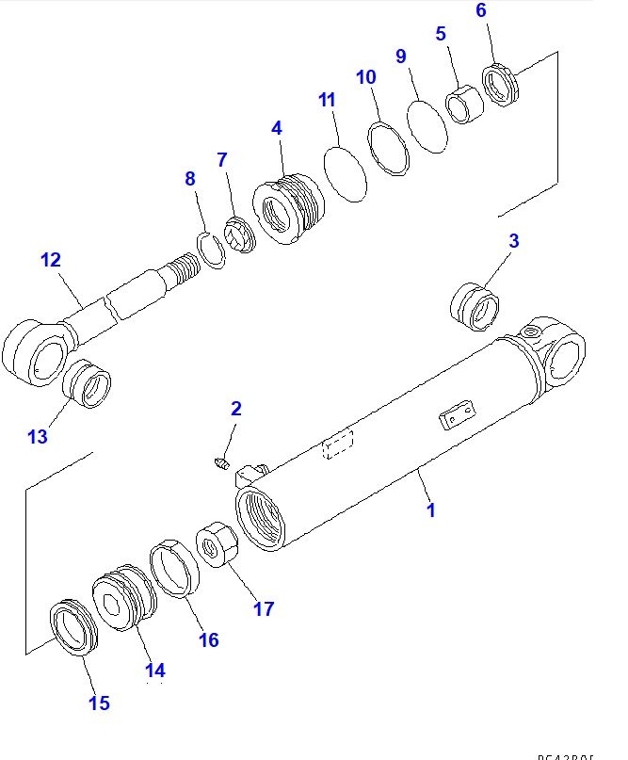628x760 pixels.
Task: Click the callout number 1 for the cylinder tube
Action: pyautogui.click(x=430, y=510)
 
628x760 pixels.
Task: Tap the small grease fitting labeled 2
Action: pyautogui.click(x=221, y=462)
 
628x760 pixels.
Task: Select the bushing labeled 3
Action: pyautogui.click(x=476, y=307)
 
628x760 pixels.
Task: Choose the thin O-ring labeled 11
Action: pyautogui.click(x=346, y=171)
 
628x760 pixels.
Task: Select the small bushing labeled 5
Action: pyautogui.click(x=463, y=103)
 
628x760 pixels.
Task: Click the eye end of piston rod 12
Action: pyautogui.click(x=33, y=351)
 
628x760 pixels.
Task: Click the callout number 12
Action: pyautogui.click(x=49, y=260)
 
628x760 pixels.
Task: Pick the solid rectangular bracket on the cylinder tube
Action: pyautogui.click(x=458, y=415)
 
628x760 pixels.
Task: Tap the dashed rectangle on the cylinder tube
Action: pyautogui.click(x=336, y=446)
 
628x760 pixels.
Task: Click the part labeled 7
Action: pyautogui.click(x=243, y=235)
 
